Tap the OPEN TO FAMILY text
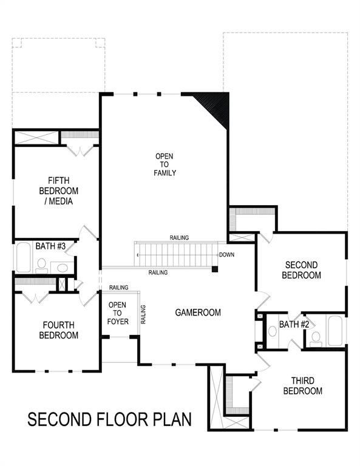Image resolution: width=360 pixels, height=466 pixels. point(164,164)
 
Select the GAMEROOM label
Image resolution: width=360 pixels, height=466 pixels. point(198,312)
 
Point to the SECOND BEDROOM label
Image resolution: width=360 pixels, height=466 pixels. point(303,270)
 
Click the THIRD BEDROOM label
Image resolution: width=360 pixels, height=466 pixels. point(302,386)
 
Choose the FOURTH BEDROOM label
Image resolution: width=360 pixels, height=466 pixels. point(59,329)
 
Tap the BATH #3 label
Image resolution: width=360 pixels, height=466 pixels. point(46,246)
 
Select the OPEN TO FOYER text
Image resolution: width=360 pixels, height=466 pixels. point(118,312)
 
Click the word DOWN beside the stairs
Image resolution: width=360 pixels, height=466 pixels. point(226,255)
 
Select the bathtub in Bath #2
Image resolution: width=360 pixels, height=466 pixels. point(336,331)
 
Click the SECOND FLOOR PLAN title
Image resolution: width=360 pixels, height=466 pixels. point(110,419)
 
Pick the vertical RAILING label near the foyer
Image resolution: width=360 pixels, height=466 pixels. point(143,313)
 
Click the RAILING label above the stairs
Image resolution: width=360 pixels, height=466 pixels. point(179,237)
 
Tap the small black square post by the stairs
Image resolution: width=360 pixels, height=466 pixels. point(214,268)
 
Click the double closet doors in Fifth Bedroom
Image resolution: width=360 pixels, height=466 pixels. point(78,149)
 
